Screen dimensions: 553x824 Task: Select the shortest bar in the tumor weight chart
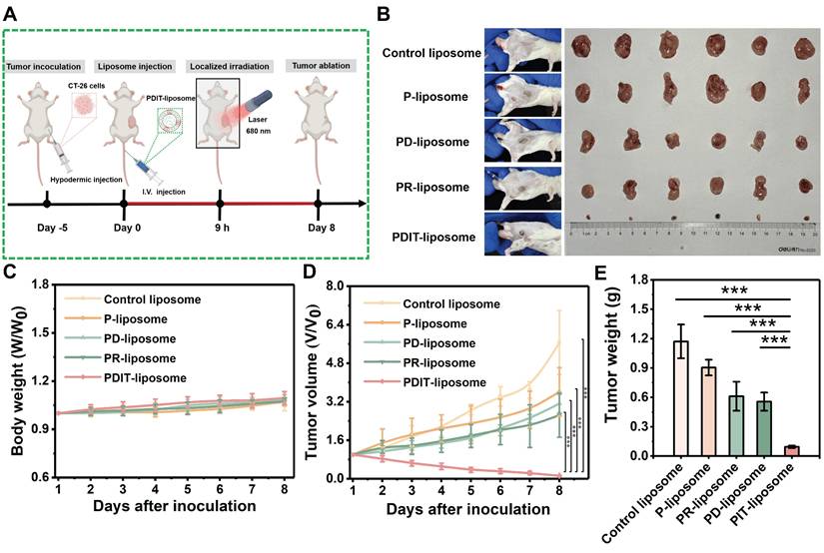click(791, 450)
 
